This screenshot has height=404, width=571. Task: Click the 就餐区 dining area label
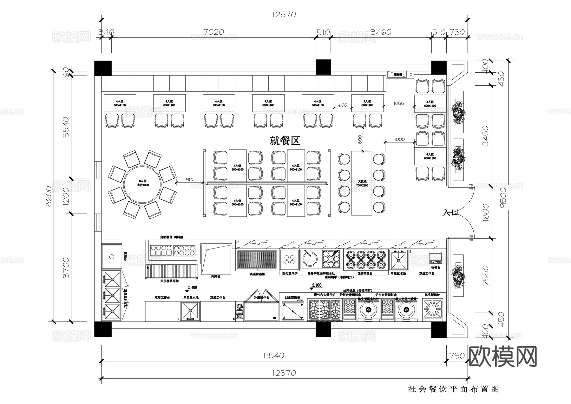(285, 140)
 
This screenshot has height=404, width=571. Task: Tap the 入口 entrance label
(450, 212)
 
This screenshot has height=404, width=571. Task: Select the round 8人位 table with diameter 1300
(143, 183)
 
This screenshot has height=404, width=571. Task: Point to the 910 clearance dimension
(189, 180)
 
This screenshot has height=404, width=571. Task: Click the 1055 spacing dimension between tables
(398, 103)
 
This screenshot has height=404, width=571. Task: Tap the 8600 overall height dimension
(49, 196)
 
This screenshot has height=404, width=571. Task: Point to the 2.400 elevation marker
(192, 288)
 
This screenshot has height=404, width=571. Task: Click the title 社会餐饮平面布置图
(454, 389)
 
